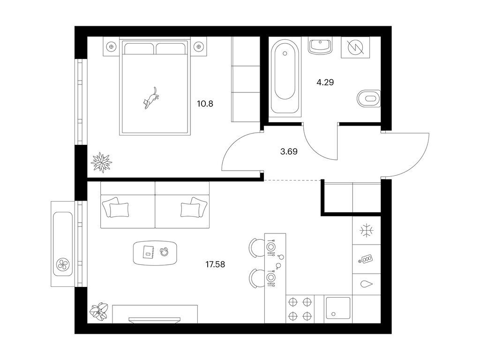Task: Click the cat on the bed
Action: tap(150, 98)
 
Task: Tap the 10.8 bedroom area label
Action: tap(205, 104)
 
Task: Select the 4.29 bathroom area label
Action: tap(325, 82)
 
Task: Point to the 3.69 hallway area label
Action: tap(289, 151)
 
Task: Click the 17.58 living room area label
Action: tap(215, 264)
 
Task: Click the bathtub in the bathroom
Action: tap(285, 78)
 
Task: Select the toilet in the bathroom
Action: tap(369, 98)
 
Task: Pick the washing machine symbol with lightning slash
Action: tap(356, 47)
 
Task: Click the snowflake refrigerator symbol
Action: tap(367, 231)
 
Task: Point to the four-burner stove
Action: tap(300, 309)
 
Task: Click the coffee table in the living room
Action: tap(155, 253)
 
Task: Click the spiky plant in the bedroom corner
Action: tap(101, 162)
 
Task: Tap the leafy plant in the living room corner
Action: tap(99, 312)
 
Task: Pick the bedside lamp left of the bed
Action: tap(111, 47)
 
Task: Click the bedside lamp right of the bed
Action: tap(199, 47)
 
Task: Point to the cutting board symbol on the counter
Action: tap(366, 259)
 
